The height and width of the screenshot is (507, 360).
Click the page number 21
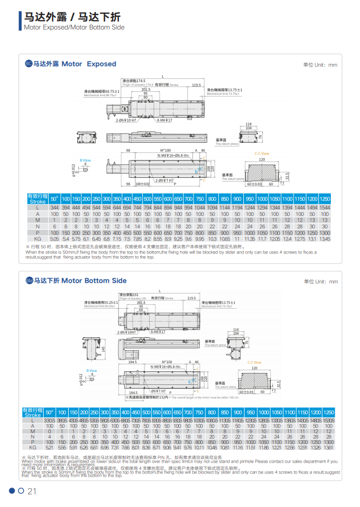pyautogui.click(x=31, y=491)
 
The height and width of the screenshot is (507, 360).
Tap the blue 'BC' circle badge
pyautogui.click(x=29, y=64)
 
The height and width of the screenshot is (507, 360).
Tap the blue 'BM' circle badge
pyautogui.click(x=29, y=281)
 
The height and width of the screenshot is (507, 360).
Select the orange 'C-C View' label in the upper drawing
pyautogui.click(x=262, y=154)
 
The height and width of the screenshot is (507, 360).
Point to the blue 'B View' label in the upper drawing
pyautogui.click(x=85, y=161)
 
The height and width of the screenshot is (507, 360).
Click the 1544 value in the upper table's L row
pyautogui.click(x=324, y=208)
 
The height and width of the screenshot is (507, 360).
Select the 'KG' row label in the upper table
pyautogui.click(x=37, y=238)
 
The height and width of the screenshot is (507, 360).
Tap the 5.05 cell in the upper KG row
pyautogui.click(x=54, y=238)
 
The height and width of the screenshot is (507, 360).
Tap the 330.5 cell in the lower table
pyautogui.click(x=50, y=420)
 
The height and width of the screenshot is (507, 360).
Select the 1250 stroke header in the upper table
pyautogui.click(x=324, y=198)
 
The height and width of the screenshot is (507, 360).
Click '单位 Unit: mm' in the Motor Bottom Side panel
pyautogui.click(x=321, y=282)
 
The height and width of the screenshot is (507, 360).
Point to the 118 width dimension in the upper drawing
pyautogui.click(x=249, y=124)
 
